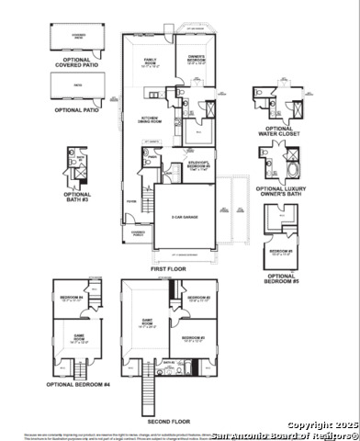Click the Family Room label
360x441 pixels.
(150, 62)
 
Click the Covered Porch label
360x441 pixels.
(138, 233)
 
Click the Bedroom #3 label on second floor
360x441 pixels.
(198, 299)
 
